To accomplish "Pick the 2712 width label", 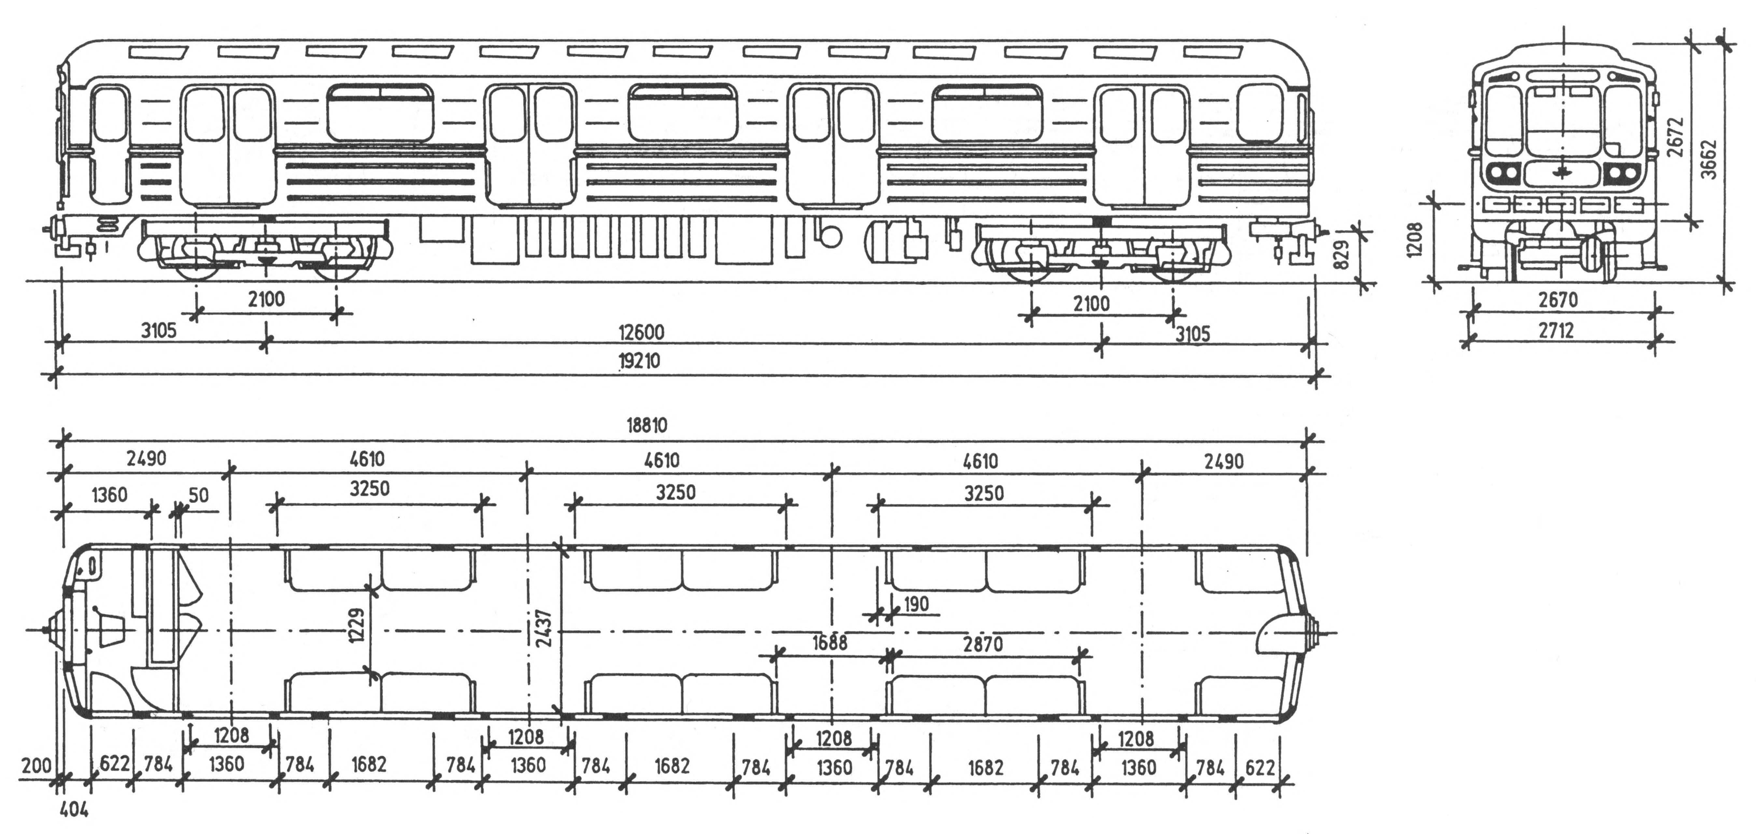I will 1556,331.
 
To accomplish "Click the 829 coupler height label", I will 1341,254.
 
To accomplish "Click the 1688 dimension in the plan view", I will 829,642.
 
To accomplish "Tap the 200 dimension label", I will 35,765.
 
